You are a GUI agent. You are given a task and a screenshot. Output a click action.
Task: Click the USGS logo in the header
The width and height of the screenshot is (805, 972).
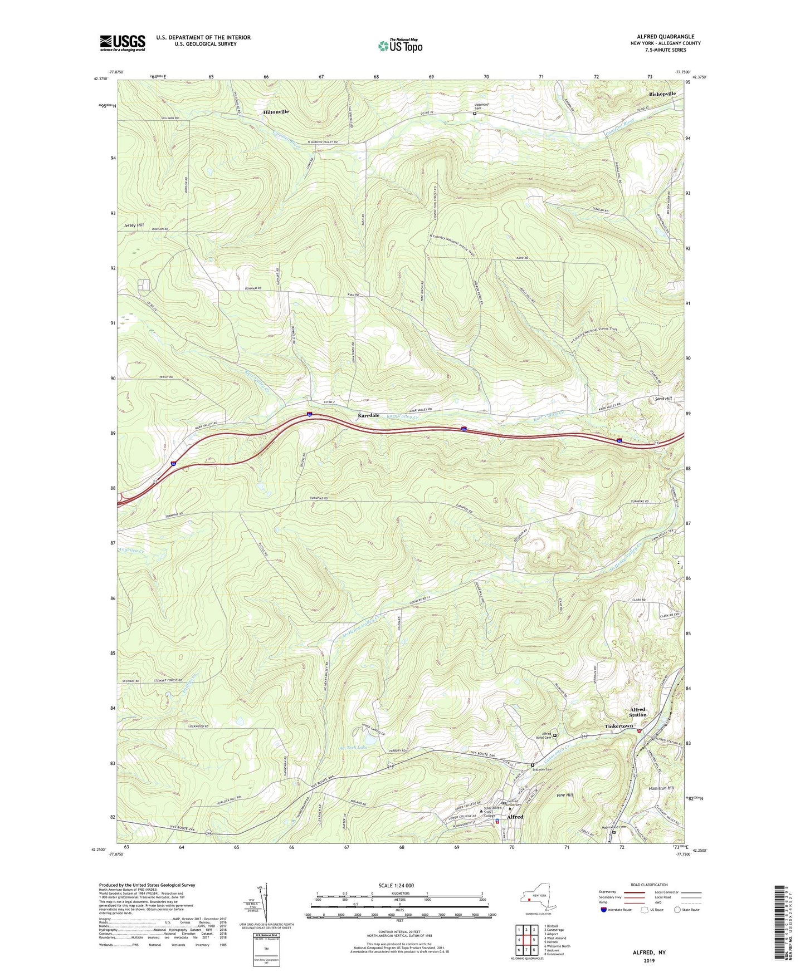click(123, 43)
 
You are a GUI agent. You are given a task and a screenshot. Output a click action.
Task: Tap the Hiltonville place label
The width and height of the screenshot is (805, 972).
click(276, 112)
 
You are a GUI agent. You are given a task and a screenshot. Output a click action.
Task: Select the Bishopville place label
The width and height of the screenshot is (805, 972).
click(662, 94)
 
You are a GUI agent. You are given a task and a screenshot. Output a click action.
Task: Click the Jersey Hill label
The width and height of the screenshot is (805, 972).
click(133, 225)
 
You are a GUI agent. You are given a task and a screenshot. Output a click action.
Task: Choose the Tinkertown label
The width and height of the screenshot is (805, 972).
click(619, 726)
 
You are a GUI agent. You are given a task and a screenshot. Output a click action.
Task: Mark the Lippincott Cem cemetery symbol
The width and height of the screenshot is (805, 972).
click(475, 114)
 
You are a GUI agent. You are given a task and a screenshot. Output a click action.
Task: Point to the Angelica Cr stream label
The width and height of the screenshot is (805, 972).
click(132, 550)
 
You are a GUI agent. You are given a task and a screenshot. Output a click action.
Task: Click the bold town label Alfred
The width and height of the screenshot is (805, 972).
click(515, 817)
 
